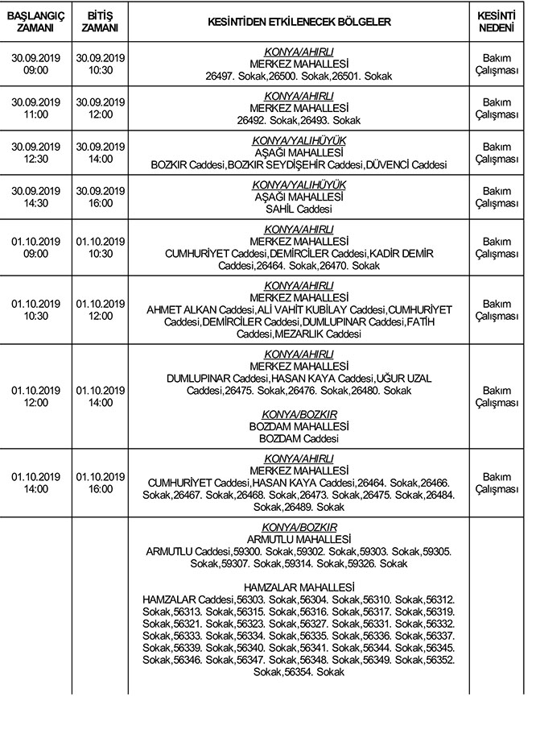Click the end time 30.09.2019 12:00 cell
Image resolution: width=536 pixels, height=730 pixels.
(x=101, y=109)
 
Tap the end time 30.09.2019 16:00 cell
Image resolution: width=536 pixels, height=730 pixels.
(x=101, y=197)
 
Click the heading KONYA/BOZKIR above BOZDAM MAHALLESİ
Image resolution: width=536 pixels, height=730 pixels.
(x=299, y=414)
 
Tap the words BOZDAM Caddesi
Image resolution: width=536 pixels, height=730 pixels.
(x=299, y=439)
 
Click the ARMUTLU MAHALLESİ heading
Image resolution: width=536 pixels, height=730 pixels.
(x=299, y=539)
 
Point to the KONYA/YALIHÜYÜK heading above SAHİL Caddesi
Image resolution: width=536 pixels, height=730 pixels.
(x=299, y=185)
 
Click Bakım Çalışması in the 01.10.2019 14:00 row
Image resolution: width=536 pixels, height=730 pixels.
(x=497, y=483)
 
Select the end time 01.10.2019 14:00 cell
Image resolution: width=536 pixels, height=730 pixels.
(x=101, y=396)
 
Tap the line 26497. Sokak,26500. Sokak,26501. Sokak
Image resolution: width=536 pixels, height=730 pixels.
(x=299, y=77)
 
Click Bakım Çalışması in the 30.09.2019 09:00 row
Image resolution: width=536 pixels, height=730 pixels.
(x=497, y=64)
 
